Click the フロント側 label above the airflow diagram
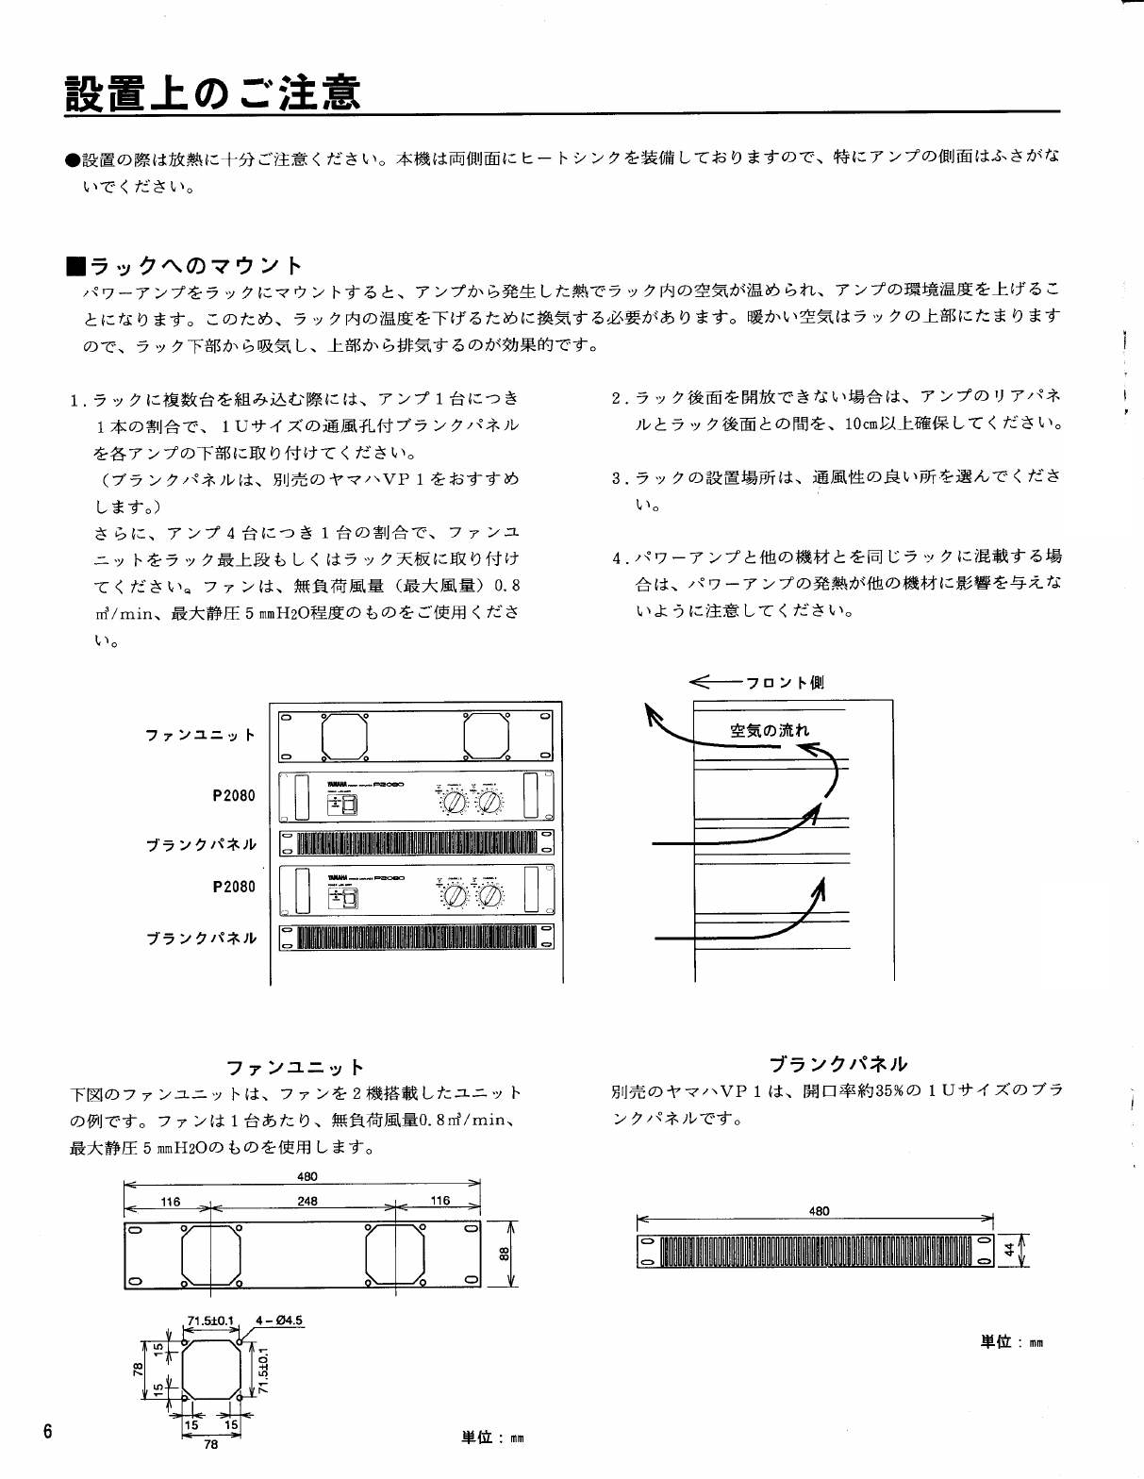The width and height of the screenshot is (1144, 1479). pyautogui.click(x=785, y=682)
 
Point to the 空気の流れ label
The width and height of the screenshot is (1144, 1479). pyautogui.click(x=769, y=730)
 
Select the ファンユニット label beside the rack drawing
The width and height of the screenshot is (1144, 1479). pyautogui.click(x=201, y=735)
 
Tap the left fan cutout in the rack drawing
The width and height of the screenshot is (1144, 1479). pyautogui.click(x=344, y=733)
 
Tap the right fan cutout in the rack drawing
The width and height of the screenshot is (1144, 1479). pyautogui.click(x=487, y=733)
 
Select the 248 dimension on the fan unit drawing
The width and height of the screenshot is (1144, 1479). pyautogui.click(x=307, y=1202)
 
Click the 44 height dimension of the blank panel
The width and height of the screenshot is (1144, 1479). pyautogui.click(x=1008, y=1249)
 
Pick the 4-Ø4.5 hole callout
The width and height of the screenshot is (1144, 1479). pyautogui.click(x=284, y=1320)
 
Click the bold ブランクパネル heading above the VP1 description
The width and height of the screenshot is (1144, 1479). pyautogui.click(x=837, y=1065)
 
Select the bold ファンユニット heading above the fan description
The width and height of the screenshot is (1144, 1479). pyautogui.click(x=295, y=1068)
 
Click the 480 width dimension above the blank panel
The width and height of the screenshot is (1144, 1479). pyautogui.click(x=819, y=1211)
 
